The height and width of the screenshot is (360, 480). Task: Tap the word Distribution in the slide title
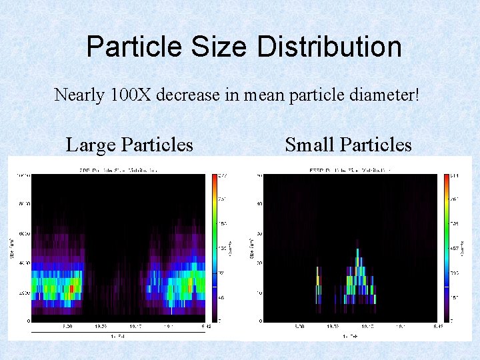pos(329,47)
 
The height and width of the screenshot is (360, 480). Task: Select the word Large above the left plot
pos(92,145)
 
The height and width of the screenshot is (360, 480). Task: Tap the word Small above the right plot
pos(310,145)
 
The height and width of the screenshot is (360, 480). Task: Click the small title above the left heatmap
pos(117,169)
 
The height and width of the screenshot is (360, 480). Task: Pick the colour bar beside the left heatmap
pos(215,247)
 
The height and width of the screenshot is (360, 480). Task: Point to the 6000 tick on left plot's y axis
pos(23,233)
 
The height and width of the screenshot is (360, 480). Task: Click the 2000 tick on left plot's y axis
pos(23,292)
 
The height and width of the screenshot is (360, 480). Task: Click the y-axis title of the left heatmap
pos(11,247)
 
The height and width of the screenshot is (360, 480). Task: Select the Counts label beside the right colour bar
pos(463,247)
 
